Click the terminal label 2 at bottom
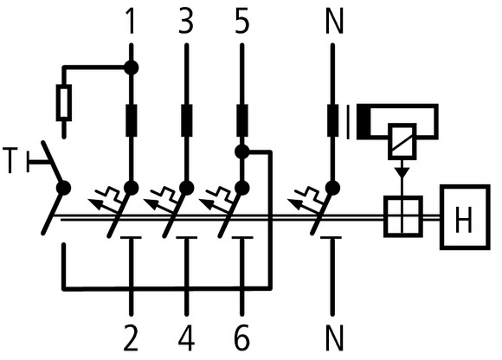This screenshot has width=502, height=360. pyautogui.click(x=132, y=337)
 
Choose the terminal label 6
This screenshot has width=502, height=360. pyautogui.click(x=242, y=337)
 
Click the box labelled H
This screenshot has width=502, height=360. pyautogui.click(x=463, y=215)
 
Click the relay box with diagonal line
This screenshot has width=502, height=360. pyautogui.click(x=402, y=138)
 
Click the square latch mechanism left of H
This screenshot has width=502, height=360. pyautogui.click(x=402, y=215)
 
